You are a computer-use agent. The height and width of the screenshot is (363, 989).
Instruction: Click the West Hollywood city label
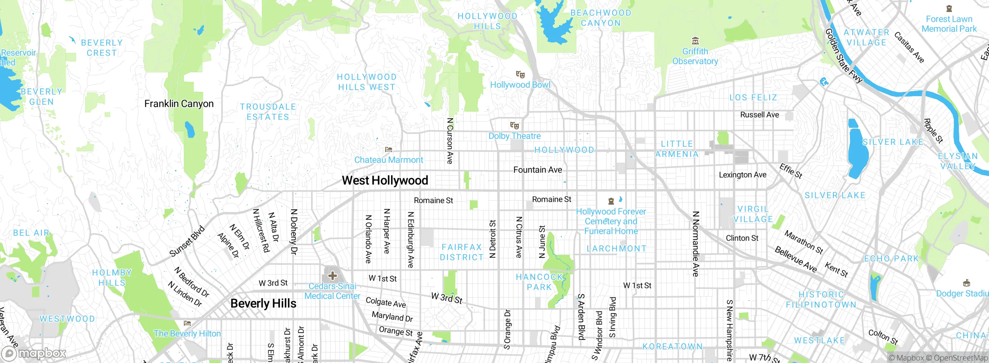pyautogui.click(x=385, y=180)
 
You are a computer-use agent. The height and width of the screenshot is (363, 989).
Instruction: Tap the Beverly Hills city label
pyautogui.click(x=263, y=304)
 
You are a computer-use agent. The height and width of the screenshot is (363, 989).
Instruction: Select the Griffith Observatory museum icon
pyautogui.click(x=695, y=41)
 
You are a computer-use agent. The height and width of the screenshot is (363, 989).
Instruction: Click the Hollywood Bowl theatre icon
pyautogui.click(x=520, y=75)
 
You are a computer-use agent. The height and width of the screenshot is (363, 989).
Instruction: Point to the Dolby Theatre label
pyautogui.click(x=515, y=136)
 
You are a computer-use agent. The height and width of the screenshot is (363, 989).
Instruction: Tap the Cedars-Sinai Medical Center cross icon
pyautogui.click(x=332, y=276)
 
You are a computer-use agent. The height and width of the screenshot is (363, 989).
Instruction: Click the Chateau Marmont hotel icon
pyautogui.click(x=389, y=149)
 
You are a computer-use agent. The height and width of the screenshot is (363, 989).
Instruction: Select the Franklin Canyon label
pyautogui.click(x=179, y=104)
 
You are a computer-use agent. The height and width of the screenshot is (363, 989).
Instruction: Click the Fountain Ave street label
pyautogui.click(x=537, y=170)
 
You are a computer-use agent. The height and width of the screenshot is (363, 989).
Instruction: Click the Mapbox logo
pyautogui.click(x=34, y=353)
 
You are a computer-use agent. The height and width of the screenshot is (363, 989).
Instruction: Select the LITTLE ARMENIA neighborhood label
pyautogui.click(x=677, y=149)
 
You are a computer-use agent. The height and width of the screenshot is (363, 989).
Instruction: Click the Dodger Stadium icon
pyautogui.click(x=967, y=283)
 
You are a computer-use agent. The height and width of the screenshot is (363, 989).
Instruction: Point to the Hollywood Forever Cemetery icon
pyautogui.click(x=611, y=201)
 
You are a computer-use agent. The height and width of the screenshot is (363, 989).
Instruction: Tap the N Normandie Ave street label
pyautogui.click(x=696, y=244)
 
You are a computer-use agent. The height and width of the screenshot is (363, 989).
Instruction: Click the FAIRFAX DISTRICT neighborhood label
pyautogui.click(x=462, y=252)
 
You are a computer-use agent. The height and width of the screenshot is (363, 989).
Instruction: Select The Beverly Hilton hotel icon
pyautogui.click(x=188, y=323)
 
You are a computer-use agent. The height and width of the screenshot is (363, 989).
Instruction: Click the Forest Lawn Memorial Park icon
pyautogui.click(x=949, y=8)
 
